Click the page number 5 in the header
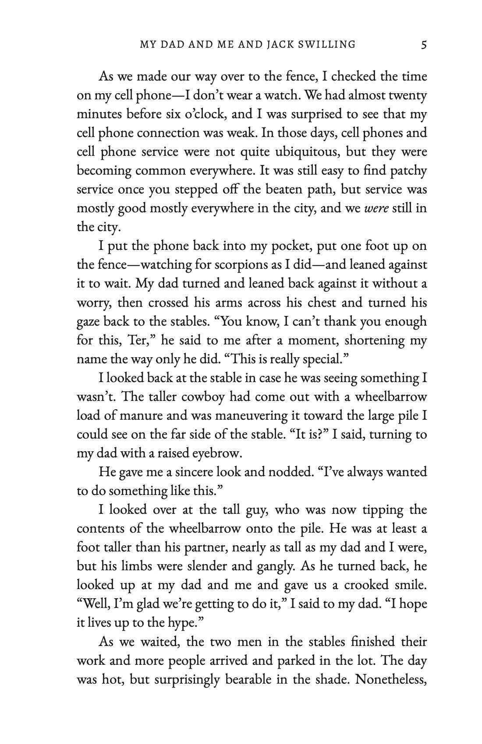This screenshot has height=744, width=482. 423,44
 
